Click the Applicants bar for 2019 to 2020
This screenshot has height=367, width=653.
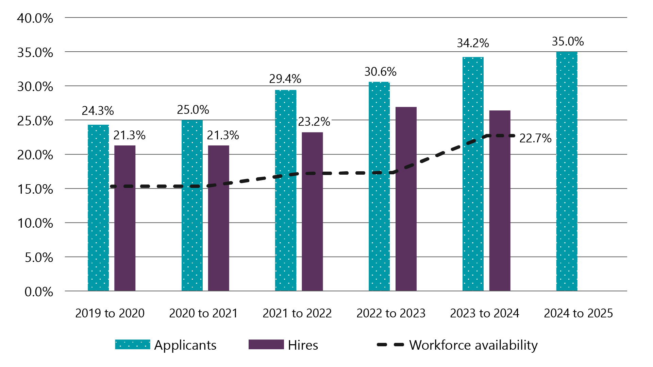(98, 208)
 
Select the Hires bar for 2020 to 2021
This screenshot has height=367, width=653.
(218, 218)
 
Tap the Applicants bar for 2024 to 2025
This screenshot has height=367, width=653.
(567, 171)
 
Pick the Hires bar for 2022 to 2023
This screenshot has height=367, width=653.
(406, 199)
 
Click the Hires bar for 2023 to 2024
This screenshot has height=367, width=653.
(500, 200)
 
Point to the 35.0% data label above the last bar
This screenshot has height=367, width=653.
(568, 41)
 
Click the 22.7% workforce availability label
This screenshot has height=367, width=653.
(535, 138)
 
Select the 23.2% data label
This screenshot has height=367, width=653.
(314, 122)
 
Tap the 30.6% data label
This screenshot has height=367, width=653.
(380, 72)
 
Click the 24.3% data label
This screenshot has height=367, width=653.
(98, 111)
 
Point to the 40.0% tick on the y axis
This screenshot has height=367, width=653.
(35, 18)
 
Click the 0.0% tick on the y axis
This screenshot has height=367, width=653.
(39, 292)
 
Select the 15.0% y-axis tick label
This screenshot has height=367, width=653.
(35, 189)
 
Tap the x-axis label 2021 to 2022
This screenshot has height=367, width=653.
(297, 313)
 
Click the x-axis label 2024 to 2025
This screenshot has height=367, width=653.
(578, 313)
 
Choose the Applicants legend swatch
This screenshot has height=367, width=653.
(132, 345)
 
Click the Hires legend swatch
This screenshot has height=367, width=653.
(266, 345)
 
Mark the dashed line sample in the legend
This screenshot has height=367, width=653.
(390, 345)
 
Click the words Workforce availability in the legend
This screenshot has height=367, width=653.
(473, 345)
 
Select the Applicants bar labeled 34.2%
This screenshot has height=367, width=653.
(473, 174)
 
